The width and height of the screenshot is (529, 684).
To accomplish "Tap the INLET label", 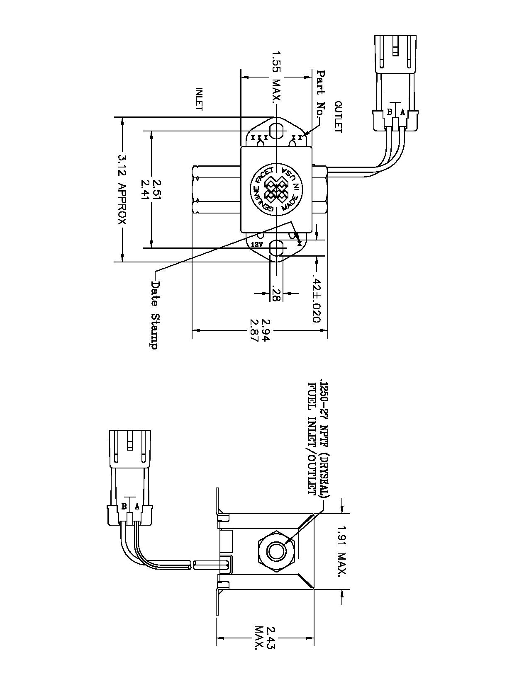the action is click(199, 99).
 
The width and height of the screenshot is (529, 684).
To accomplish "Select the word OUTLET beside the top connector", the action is click(338, 117).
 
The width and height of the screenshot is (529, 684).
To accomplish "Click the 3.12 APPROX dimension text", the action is click(122, 189).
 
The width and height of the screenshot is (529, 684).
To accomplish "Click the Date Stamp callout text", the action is click(154, 315).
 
